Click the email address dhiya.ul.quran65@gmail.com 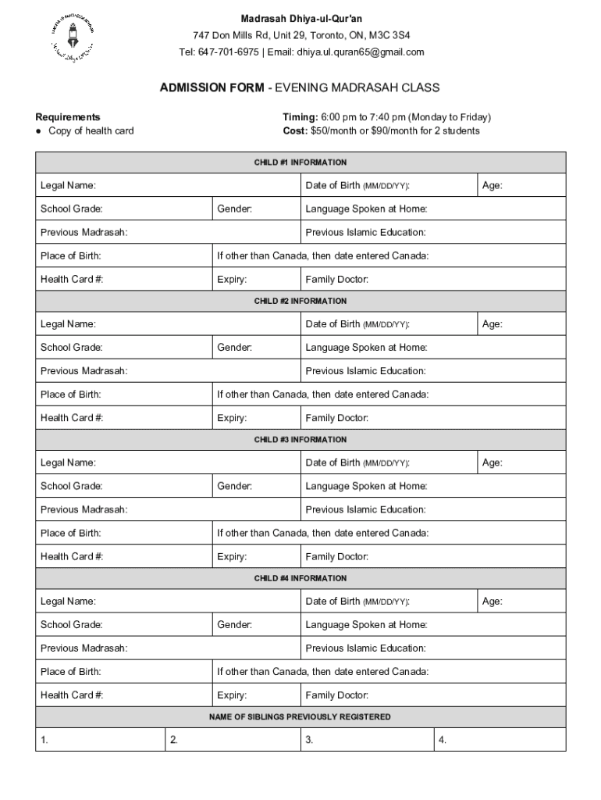(361, 52)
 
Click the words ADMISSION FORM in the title (212, 87)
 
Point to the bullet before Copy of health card (39, 131)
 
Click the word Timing (300, 117)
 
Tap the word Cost (295, 130)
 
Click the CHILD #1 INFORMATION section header (300, 162)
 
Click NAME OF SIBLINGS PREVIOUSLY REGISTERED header (300, 716)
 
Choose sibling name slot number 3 (367, 740)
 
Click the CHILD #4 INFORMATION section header (300, 578)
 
